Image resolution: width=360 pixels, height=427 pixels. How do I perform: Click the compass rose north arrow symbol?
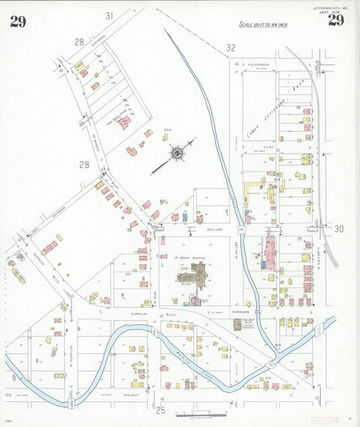click(176, 153)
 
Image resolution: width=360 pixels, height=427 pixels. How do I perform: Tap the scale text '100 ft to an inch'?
click(264, 24)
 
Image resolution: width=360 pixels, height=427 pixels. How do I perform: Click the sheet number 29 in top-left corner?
click(18, 22)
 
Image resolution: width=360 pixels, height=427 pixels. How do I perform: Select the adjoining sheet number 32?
click(231, 48)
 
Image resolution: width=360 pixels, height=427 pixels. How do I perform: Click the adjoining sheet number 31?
click(109, 15)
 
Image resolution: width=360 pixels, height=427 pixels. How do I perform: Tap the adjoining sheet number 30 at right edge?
click(338, 229)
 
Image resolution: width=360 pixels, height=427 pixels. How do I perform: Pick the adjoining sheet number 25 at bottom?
click(161, 409)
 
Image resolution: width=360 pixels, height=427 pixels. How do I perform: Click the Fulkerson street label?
click(257, 64)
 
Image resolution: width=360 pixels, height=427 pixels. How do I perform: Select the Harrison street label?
click(242, 311)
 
